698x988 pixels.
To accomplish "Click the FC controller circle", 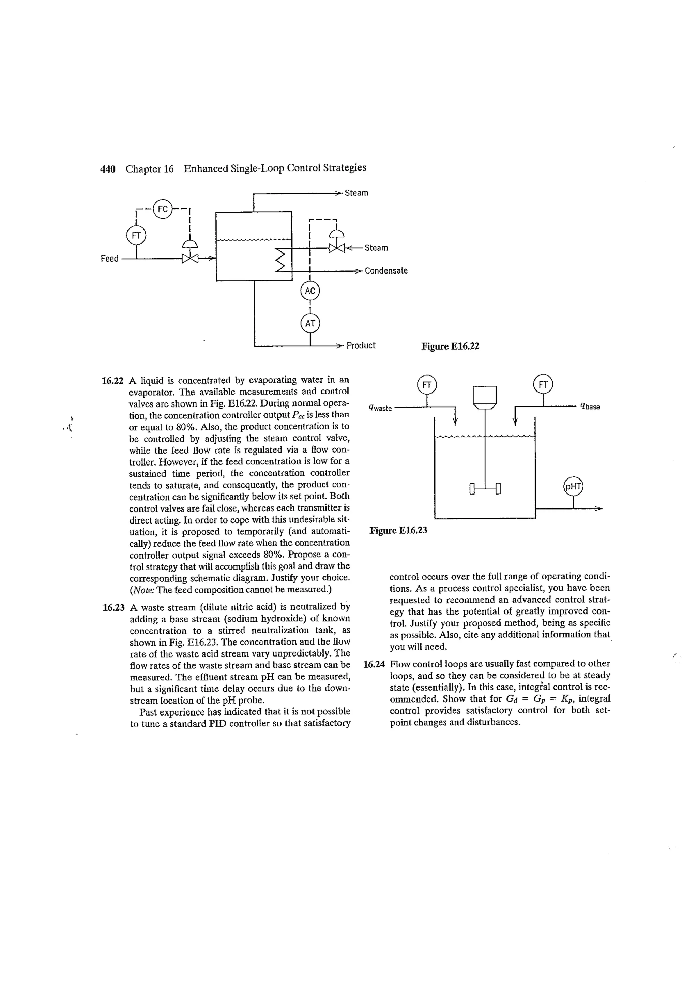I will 163,209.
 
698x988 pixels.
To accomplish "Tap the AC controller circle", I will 310,291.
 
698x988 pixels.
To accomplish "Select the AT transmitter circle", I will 310,323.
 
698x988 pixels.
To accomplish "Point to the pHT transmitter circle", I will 573,487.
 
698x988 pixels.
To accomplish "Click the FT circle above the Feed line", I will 136,235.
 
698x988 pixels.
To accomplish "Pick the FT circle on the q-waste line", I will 427,385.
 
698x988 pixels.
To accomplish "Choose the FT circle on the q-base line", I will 543,384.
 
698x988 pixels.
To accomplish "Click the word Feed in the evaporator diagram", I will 109,259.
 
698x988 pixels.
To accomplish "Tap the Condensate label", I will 386,271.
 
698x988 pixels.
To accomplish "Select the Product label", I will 361,345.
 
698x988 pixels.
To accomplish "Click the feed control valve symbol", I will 189,258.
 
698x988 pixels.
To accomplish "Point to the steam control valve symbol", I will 337,248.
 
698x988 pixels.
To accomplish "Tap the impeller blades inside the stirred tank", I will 485,489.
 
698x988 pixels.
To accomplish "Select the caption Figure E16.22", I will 450,346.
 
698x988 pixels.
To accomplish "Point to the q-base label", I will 590,406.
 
